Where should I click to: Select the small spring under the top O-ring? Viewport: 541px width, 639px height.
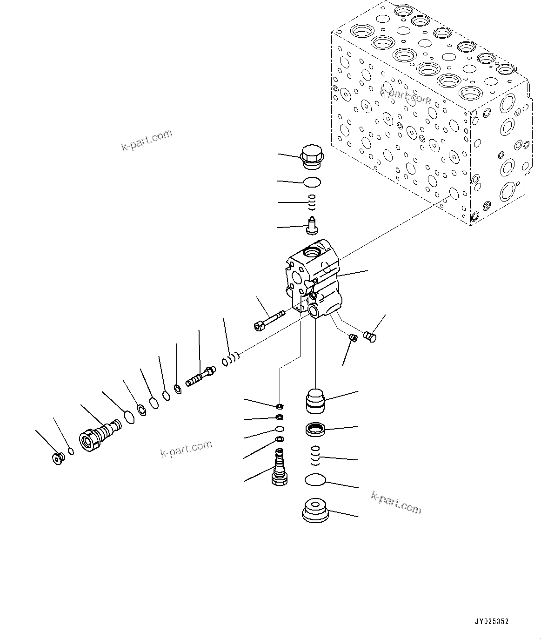pos(313,202)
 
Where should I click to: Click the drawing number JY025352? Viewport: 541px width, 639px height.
pos(492,621)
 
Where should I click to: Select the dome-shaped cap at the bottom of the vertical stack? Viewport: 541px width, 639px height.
pos(315,511)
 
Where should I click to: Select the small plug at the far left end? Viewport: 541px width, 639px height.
pos(58,458)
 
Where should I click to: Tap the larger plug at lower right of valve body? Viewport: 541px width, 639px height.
pos(371,335)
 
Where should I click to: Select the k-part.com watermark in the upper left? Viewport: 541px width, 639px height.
pos(147,141)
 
